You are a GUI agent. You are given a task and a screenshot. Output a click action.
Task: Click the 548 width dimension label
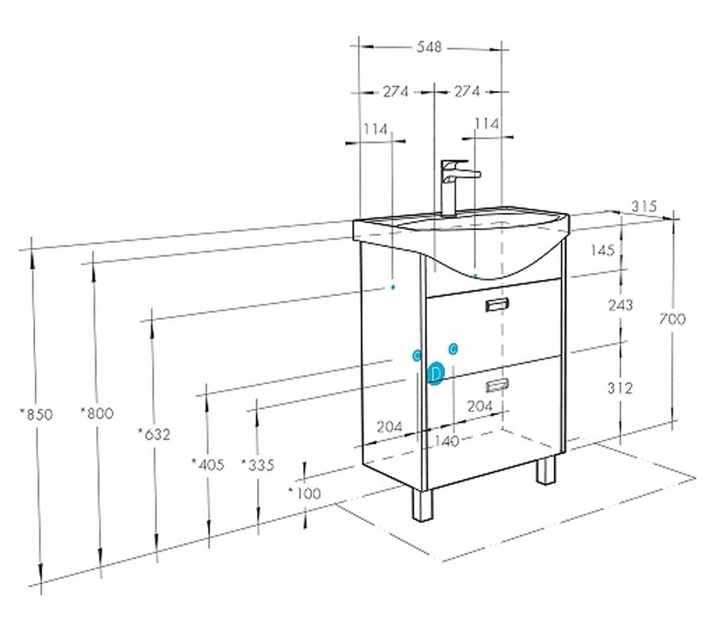click(429, 47)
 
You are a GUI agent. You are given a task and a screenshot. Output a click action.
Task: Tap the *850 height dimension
click(36, 414)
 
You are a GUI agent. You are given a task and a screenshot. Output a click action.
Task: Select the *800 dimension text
click(97, 414)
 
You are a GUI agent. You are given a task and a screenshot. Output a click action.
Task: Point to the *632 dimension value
click(154, 434)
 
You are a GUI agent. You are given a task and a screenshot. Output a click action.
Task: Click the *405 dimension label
click(208, 464)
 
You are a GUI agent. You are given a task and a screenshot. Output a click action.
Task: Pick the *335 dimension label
click(258, 464)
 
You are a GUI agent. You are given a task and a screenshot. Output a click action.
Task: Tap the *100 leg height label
click(305, 493)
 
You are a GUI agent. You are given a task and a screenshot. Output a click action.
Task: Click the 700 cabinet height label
click(672, 319)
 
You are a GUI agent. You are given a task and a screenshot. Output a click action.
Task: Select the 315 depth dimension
click(644, 206)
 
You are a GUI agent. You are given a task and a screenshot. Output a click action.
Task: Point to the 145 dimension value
click(602, 249)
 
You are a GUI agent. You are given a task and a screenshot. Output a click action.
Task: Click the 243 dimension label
click(620, 305)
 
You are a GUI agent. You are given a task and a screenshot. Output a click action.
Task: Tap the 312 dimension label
click(620, 388)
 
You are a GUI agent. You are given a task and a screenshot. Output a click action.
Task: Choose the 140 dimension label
click(447, 441)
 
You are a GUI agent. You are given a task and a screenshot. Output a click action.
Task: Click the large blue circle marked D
click(436, 374)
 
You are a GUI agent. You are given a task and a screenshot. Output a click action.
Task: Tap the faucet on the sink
click(455, 187)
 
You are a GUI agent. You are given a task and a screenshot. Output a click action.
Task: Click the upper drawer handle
click(497, 304)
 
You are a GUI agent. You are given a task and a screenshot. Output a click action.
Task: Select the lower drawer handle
click(497, 386)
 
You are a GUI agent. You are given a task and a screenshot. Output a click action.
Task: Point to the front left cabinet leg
click(423, 505)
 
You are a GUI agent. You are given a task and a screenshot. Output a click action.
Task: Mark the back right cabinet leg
click(546, 470)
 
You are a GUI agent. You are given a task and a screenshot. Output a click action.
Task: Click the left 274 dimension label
click(395, 91)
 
